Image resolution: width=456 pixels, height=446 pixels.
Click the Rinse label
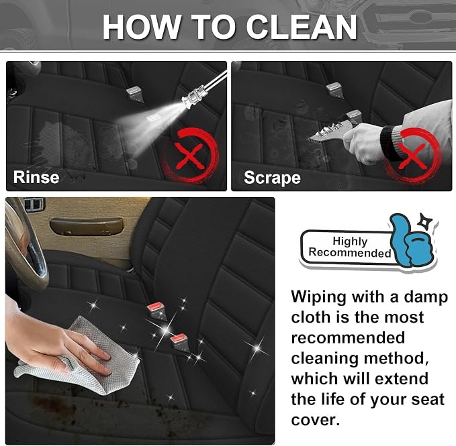coord(36,177)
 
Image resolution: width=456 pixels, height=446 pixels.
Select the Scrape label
coord(272,177)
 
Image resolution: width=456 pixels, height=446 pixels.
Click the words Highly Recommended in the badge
coord(350,247)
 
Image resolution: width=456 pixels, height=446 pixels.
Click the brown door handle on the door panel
coord(87,227)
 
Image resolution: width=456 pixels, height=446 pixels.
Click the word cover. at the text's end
coord(315,420)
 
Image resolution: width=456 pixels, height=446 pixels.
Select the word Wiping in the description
coord(318,298)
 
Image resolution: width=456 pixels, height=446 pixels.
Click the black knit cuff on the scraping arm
coord(390,144)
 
